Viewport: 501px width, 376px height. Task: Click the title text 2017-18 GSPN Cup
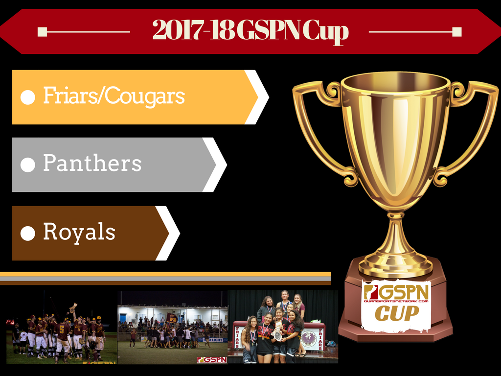click(x=250, y=31)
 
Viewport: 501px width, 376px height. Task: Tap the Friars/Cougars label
click(x=114, y=95)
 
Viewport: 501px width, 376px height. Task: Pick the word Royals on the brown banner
click(x=79, y=232)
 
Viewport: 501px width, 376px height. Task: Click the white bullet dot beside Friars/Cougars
click(x=28, y=97)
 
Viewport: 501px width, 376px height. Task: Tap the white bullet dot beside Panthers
click(x=28, y=165)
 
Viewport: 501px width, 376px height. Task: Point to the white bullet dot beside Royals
click(x=28, y=234)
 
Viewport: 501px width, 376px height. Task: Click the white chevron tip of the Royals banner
click(x=180, y=234)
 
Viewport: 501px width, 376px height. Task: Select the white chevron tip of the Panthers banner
click(x=227, y=165)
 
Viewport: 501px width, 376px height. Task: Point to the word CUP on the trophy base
click(x=396, y=313)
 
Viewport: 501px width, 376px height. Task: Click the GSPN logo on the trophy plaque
click(x=396, y=293)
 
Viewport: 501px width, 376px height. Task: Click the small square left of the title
click(x=42, y=32)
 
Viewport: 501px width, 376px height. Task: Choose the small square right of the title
click(x=457, y=32)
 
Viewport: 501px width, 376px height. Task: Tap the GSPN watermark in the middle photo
click(x=212, y=360)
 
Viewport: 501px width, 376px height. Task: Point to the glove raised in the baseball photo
click(x=73, y=307)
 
